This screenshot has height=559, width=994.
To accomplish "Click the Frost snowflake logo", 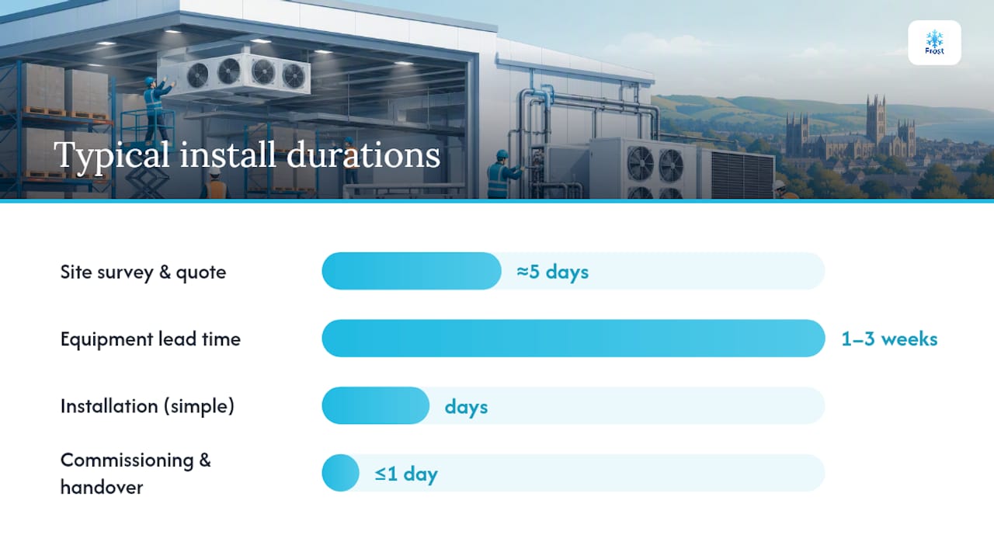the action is point(934,43).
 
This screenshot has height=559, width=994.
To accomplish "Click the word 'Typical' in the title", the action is point(112,155).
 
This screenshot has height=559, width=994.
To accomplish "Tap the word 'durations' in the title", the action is point(363,155).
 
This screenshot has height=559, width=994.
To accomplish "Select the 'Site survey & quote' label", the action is point(143,272).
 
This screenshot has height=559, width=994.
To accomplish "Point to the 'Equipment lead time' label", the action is point(151,339).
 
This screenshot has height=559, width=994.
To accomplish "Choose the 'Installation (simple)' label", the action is point(148,406).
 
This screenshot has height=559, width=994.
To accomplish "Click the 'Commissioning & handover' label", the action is point(135,474).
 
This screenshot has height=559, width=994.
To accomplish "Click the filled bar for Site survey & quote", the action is point(412,271).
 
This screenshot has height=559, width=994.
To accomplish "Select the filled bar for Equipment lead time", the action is point(573,339).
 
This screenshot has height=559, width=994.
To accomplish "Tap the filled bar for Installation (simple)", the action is point(375,405).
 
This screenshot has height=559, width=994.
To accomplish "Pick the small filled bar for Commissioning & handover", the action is point(340,473).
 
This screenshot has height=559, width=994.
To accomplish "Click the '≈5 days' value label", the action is point(552,272).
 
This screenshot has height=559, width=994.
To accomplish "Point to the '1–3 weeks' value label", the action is point(889,339).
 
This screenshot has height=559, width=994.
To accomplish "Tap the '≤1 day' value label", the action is point(406,474).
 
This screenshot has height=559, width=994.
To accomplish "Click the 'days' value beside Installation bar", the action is point(466,407).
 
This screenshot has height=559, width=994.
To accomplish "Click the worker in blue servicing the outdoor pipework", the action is point(502,174).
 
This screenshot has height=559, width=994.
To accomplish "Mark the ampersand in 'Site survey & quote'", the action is point(165,272).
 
